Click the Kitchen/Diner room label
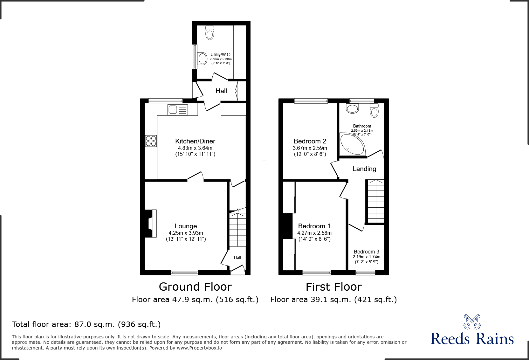point(195,141)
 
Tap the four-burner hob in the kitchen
point(151,141)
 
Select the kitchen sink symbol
point(177,110)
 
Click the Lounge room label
point(186,226)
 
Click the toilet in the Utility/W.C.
point(210,33)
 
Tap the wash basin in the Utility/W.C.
point(202,59)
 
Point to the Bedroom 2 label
point(310,141)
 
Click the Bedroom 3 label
point(366,252)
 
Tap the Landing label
point(364,169)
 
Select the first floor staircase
point(376,201)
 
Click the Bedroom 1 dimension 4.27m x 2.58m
point(314,233)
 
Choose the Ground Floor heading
point(195,287)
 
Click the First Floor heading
point(333,287)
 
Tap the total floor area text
point(86,324)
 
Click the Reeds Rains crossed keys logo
point(472,322)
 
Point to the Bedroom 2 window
point(311,101)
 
